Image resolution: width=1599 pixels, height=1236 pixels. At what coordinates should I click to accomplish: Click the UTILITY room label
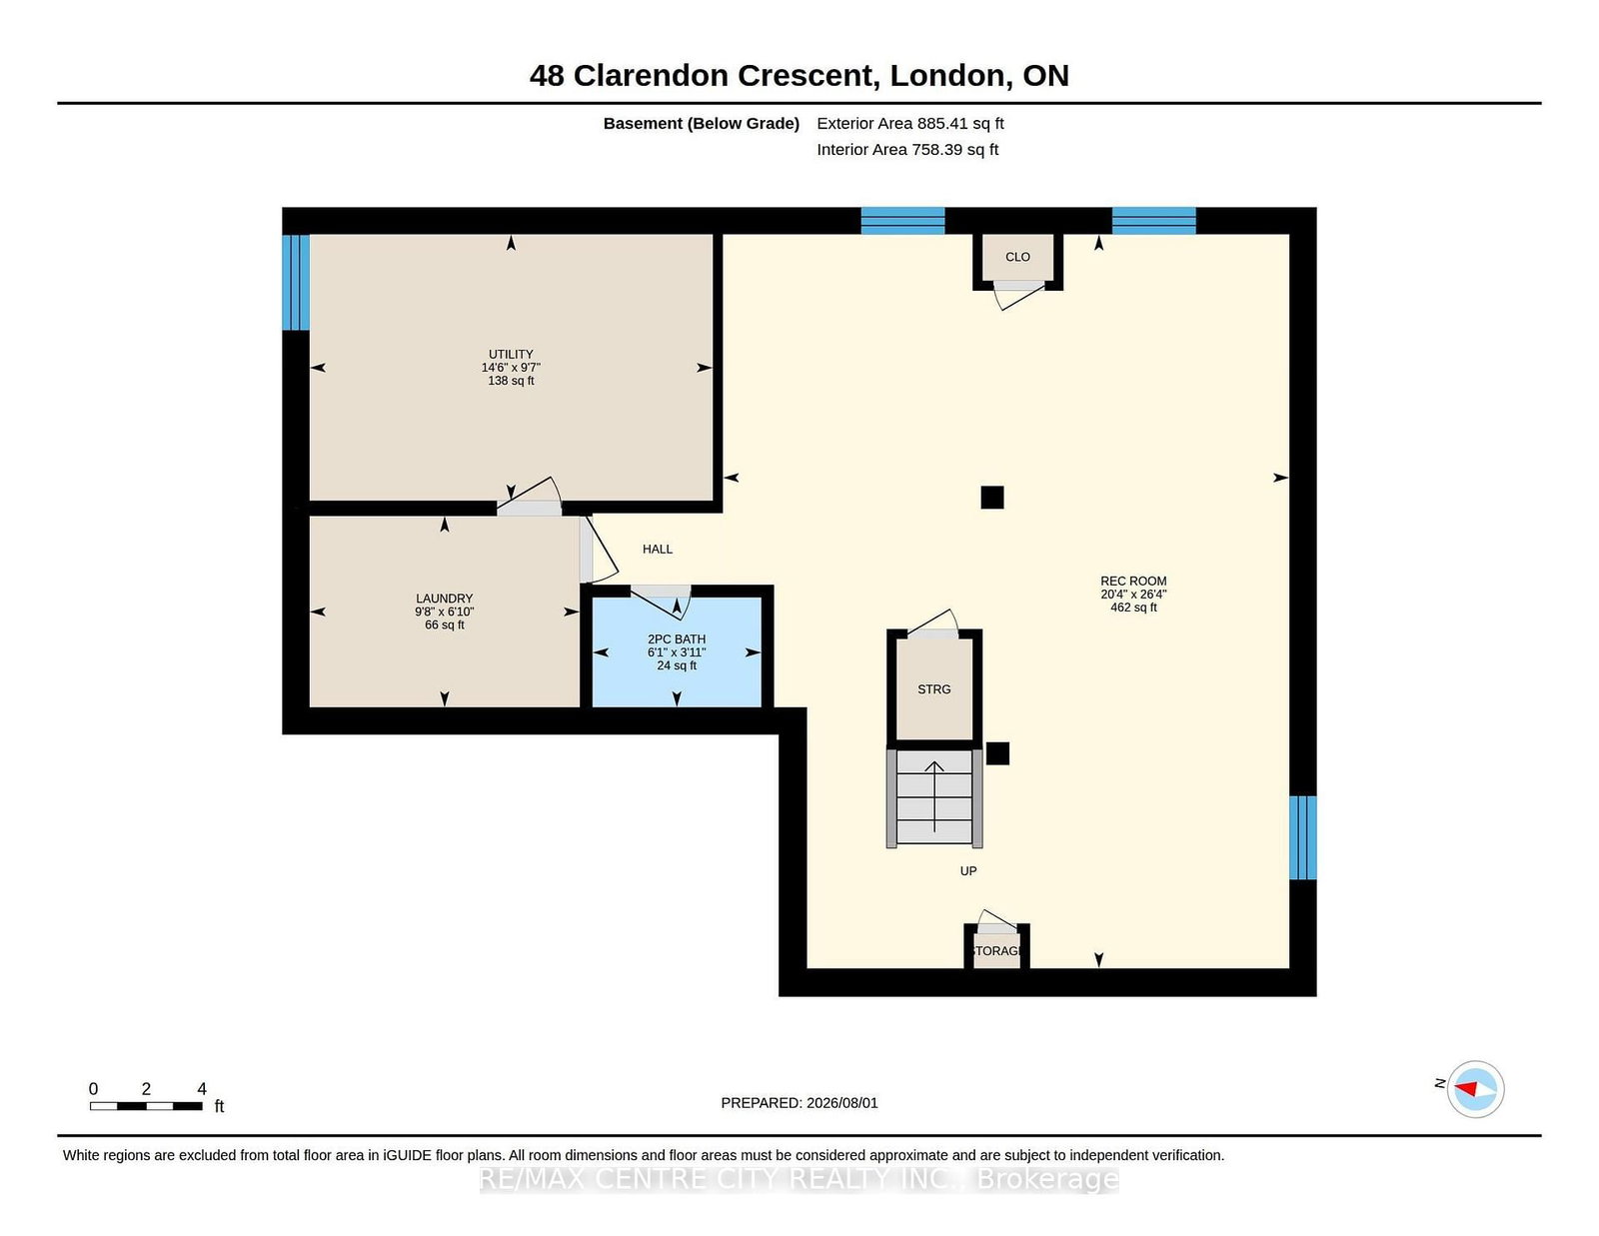[x=511, y=354]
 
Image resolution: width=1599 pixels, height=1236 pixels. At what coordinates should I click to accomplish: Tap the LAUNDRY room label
[x=444, y=599]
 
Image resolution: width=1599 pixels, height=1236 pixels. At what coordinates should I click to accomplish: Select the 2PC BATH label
[x=677, y=639]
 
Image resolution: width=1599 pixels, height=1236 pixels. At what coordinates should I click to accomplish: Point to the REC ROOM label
[x=1133, y=581]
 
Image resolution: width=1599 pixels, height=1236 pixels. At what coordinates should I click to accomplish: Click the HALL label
[x=658, y=549]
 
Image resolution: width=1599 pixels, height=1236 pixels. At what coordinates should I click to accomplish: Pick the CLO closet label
[x=1017, y=257]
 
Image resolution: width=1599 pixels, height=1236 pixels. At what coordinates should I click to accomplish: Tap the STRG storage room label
[x=933, y=689]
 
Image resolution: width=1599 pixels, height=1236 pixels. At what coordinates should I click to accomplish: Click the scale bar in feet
[x=146, y=1106]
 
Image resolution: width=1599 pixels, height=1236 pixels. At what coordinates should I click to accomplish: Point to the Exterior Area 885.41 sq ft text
[x=910, y=124]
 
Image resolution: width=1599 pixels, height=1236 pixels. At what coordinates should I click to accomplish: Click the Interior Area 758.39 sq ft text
[x=907, y=149]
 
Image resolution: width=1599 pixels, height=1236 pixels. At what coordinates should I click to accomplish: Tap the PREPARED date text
[x=799, y=1103]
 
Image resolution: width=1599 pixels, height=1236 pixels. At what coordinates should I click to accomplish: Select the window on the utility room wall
[x=296, y=283]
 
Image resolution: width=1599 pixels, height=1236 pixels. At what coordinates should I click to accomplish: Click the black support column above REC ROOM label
[x=992, y=498]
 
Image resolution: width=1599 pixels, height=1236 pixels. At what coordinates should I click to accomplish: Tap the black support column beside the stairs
[x=997, y=753]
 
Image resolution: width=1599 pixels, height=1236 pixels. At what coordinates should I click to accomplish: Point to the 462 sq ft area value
[x=1133, y=608]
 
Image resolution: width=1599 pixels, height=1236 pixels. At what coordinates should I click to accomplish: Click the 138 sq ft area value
[x=511, y=381]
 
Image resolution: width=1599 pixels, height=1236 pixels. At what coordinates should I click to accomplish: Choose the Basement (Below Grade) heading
[x=702, y=124]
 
